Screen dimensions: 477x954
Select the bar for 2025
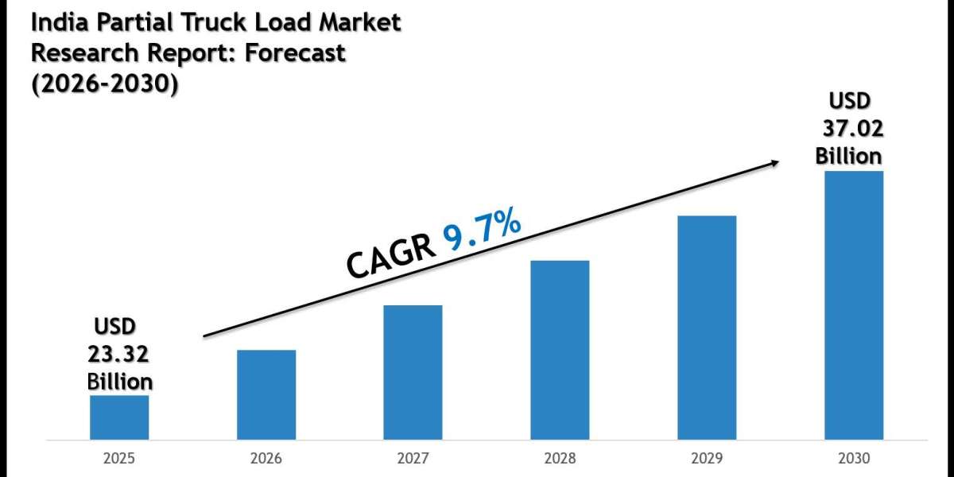tap(119, 417)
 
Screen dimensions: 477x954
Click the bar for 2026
tap(266, 395)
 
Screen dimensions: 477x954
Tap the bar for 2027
tap(413, 372)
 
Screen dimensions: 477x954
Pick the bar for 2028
tap(560, 350)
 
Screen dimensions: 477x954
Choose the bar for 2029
tap(707, 328)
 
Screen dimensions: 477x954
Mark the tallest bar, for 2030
tap(854, 305)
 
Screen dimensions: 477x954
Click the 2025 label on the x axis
tap(119, 459)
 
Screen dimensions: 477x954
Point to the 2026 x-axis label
tap(266, 459)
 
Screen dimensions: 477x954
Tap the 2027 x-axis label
tap(413, 459)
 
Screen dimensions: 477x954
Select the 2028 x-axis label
tap(560, 459)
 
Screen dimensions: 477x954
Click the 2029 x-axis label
tap(707, 459)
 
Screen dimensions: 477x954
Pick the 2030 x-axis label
tap(854, 459)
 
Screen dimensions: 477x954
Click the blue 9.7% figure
tap(483, 231)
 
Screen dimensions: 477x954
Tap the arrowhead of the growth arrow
tap(773, 162)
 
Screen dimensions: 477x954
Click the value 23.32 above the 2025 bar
tap(119, 354)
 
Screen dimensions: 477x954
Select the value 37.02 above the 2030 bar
tap(851, 128)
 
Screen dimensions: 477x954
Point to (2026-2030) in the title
tap(103, 83)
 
